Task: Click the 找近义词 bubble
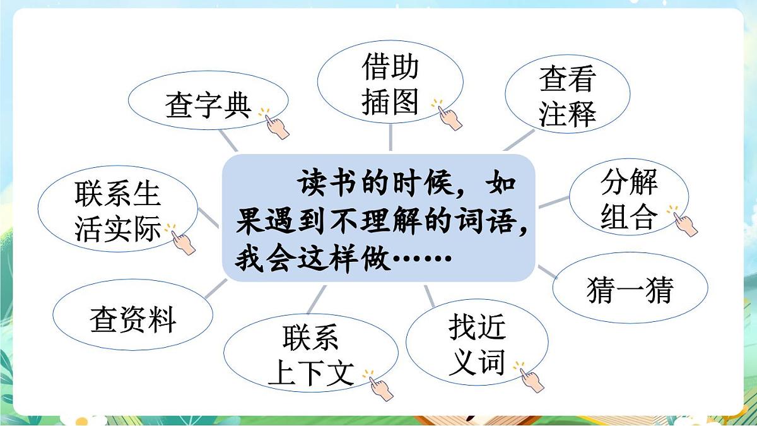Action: (x=476, y=345)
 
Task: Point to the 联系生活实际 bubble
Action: (x=117, y=212)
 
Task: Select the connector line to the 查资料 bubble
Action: (x=216, y=290)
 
